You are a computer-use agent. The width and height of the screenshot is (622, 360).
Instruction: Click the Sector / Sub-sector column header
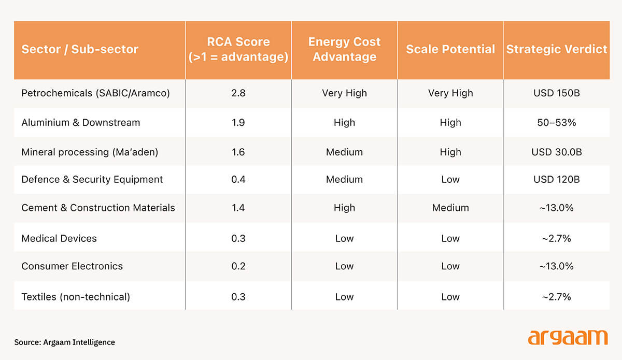click(x=80, y=50)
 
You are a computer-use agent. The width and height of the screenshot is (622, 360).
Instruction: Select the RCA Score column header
click(x=238, y=50)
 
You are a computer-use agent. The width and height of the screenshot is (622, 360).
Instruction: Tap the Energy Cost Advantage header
click(x=344, y=50)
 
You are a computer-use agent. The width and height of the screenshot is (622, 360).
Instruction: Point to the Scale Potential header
click(x=450, y=50)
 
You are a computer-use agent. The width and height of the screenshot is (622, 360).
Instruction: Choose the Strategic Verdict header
click(x=556, y=50)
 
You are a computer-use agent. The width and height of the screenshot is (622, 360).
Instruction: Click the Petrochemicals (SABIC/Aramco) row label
click(x=96, y=93)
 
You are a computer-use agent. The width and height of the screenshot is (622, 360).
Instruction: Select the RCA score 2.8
click(x=238, y=93)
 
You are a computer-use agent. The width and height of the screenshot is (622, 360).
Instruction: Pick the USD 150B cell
click(x=556, y=93)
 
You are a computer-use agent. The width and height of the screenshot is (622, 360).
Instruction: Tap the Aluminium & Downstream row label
click(x=81, y=123)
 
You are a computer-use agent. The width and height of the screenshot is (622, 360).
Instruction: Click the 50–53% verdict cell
click(x=556, y=123)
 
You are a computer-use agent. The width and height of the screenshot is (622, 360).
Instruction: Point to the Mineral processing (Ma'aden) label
click(x=90, y=152)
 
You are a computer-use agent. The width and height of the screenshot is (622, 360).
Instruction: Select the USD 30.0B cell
click(x=556, y=152)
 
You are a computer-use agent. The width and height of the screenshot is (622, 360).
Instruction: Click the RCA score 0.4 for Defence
click(x=238, y=180)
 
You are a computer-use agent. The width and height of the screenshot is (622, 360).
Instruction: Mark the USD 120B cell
click(x=556, y=180)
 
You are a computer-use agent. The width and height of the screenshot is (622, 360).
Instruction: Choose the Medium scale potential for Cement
click(x=450, y=208)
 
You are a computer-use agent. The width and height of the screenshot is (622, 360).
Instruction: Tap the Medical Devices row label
click(x=59, y=238)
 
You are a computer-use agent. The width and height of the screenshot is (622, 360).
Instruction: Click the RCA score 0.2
click(x=238, y=266)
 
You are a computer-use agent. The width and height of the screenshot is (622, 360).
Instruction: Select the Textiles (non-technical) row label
click(x=76, y=297)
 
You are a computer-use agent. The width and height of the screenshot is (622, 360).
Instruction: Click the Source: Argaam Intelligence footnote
click(x=65, y=342)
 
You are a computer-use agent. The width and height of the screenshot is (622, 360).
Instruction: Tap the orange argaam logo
click(x=567, y=338)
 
